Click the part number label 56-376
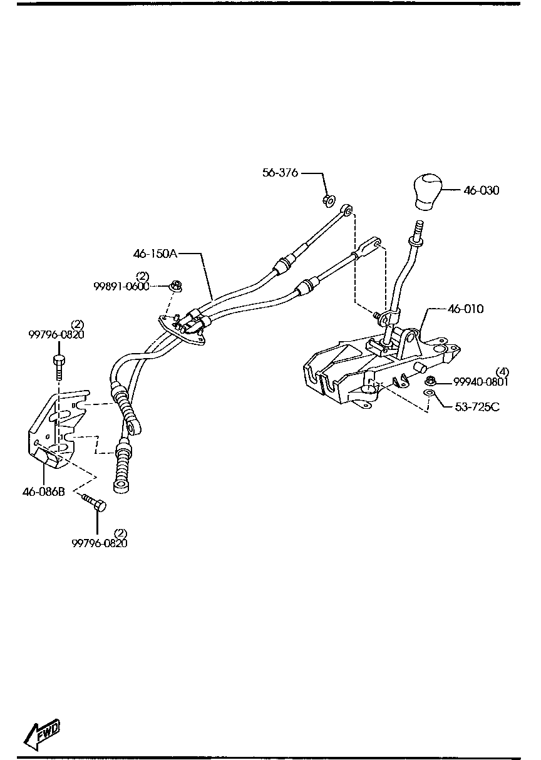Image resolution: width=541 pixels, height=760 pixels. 280,173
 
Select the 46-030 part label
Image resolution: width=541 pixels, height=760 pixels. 482,190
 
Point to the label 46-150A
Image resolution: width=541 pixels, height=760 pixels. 155,254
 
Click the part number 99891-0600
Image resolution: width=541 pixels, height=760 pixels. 121,287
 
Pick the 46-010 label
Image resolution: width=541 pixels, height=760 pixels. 466,309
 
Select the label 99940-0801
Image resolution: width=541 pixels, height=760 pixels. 481,382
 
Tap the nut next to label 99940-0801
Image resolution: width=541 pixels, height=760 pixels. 430,381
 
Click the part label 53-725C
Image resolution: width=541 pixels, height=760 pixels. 477,407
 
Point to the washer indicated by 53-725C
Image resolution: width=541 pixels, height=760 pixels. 429,393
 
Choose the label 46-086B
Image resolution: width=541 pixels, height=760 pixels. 43,491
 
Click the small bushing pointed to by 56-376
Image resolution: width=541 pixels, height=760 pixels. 328,200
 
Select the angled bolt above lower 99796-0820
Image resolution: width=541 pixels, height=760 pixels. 93,503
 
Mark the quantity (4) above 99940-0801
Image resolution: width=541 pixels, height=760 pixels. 503,371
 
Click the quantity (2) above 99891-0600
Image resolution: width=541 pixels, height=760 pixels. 143,276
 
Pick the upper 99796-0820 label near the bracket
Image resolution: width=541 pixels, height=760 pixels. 56,334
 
